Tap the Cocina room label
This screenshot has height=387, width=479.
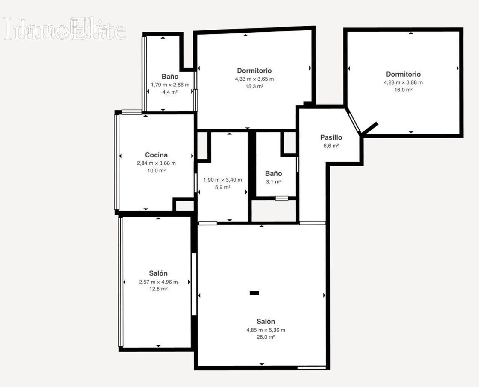[156, 155]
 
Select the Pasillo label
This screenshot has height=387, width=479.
[331, 137]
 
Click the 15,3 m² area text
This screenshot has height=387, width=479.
[254, 86]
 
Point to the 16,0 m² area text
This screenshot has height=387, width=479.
[404, 90]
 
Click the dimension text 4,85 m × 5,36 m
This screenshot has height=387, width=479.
[266, 330]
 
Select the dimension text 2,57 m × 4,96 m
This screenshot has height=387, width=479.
[158, 282]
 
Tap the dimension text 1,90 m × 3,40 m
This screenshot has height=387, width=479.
[223, 180]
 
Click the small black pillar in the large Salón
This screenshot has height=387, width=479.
[254, 293]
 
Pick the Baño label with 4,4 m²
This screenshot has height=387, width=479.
[170, 77]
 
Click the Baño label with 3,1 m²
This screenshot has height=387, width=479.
[273, 174]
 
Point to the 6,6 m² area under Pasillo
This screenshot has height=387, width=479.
[331, 146]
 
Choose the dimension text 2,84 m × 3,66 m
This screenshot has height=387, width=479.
[156, 163]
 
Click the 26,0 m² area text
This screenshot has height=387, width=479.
[266, 337]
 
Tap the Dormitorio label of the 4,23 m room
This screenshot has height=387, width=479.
[404, 74]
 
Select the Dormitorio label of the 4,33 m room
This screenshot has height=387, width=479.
[254, 71]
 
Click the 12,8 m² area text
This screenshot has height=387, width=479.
[158, 289]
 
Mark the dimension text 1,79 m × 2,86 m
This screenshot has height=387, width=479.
[170, 85]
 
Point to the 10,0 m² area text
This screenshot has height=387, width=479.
[156, 171]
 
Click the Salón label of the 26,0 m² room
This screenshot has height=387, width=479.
[266, 322]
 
